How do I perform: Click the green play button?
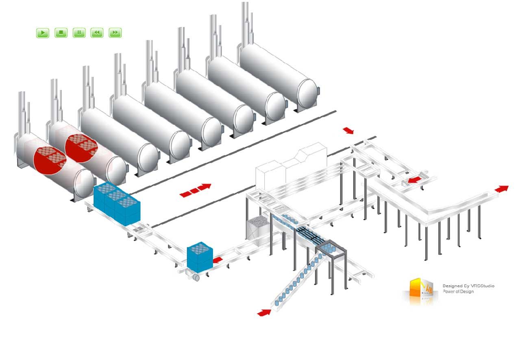click(43, 33)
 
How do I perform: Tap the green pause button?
click(79, 33)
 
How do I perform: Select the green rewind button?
click(97, 33)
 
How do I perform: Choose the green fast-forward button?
click(115, 33)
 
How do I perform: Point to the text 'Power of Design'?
click(458, 292)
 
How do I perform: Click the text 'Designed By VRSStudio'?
click(468, 286)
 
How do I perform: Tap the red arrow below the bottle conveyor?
click(264, 312)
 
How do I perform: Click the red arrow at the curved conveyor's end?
click(502, 189)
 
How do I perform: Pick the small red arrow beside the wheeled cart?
click(218, 259)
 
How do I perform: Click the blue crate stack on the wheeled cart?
click(200, 257)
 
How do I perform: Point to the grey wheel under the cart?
click(196, 277)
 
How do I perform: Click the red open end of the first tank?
click(50, 160)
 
